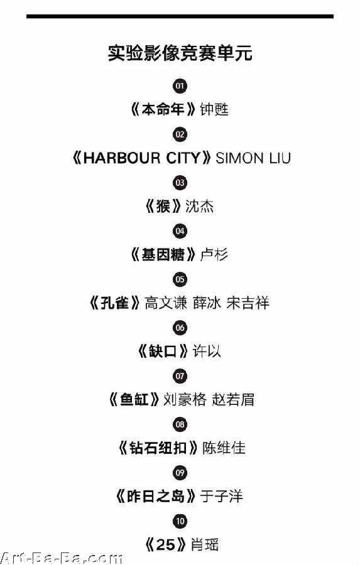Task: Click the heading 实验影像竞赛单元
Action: click(x=180, y=53)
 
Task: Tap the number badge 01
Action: click(x=180, y=86)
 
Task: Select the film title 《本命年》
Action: click(x=163, y=109)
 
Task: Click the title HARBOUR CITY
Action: click(x=141, y=158)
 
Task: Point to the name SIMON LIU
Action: click(x=253, y=158)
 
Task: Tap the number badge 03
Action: click(x=180, y=183)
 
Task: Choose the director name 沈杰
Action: click(x=200, y=206)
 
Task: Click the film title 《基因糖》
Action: click(x=163, y=254)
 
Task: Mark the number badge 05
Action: click(x=180, y=279)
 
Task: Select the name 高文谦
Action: click(x=166, y=303)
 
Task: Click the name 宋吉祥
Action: click(x=248, y=303)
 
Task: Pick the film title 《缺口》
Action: click(x=163, y=351)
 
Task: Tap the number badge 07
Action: click(x=180, y=376)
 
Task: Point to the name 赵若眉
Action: click(x=233, y=400)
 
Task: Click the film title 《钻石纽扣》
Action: click(x=158, y=448)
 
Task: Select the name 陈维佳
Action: click(x=224, y=448)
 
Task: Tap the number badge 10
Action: click(x=180, y=521)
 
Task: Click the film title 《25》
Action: click(x=166, y=544)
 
